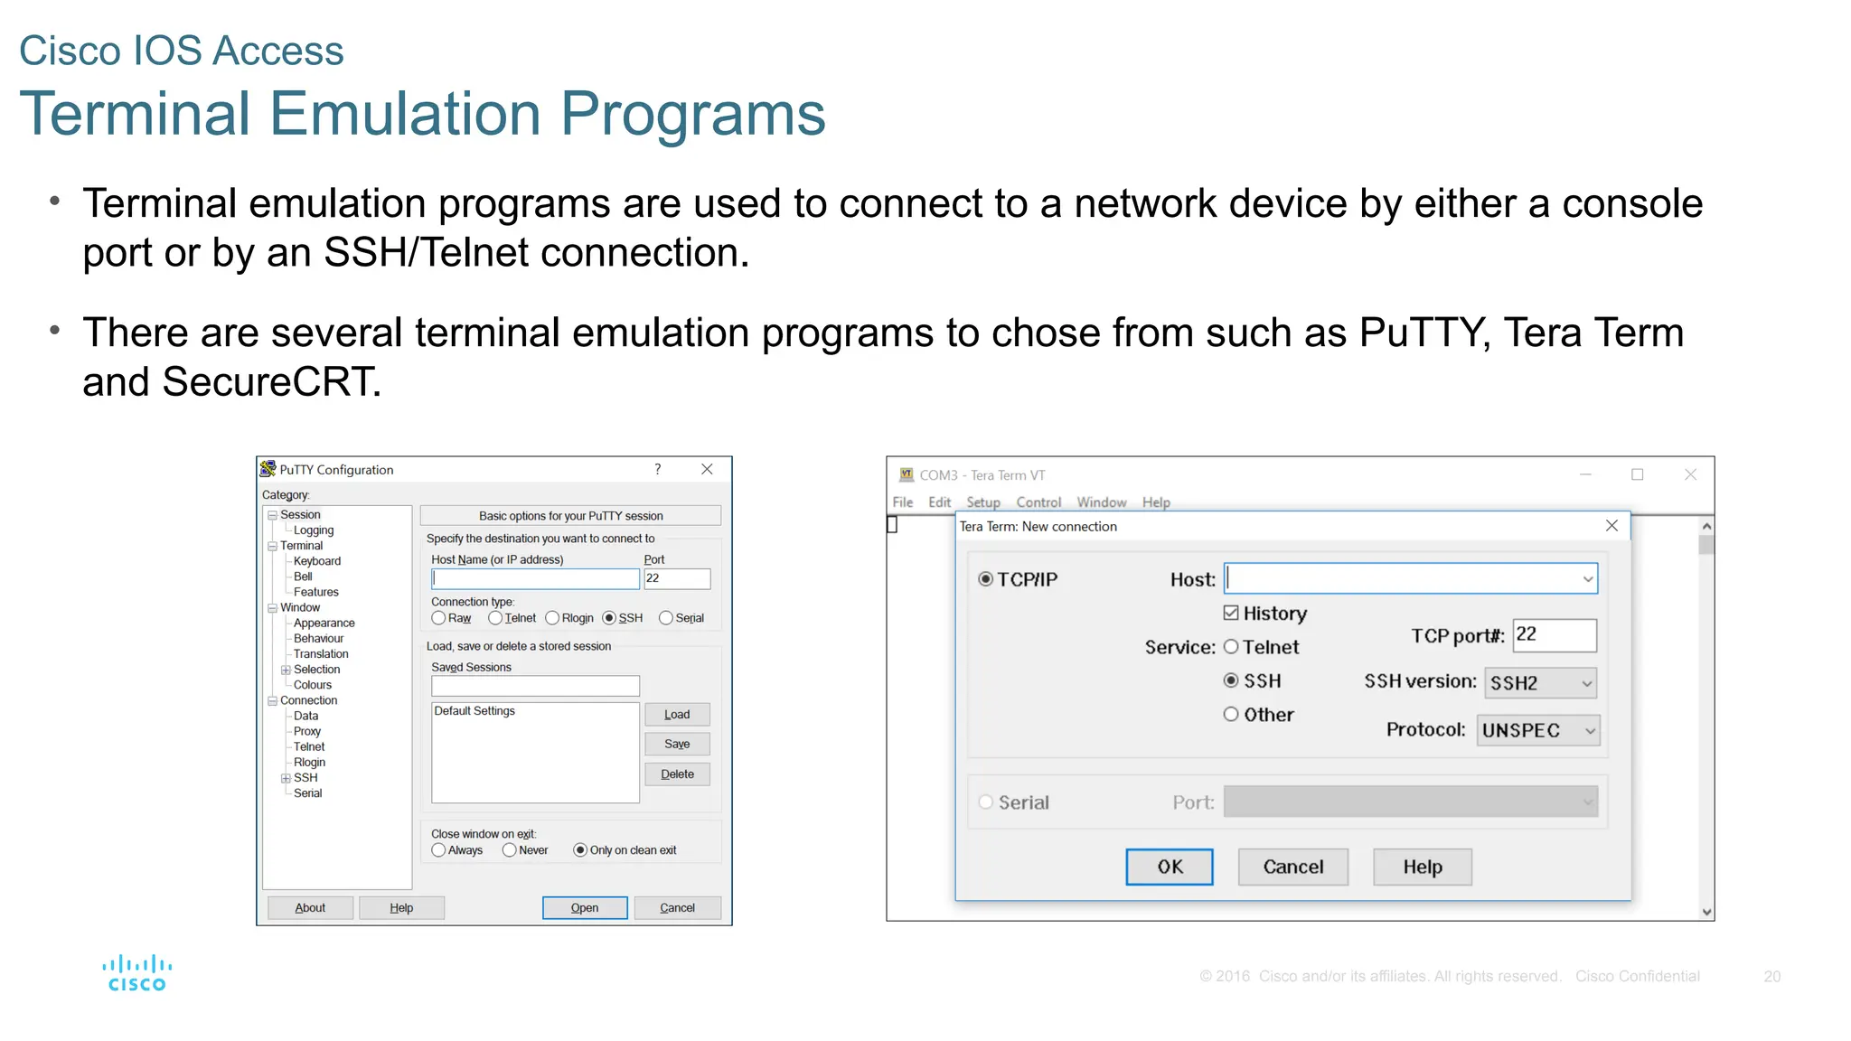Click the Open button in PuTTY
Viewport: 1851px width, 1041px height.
[584, 907]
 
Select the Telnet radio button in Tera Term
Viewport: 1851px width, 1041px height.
[1231, 647]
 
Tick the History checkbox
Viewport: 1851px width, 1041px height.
[1231, 614]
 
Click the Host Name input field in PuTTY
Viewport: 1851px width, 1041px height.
[535, 578]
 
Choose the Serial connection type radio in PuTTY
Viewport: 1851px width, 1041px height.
[666, 618]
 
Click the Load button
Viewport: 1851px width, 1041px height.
[676, 715]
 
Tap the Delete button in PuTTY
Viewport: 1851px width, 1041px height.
[676, 774]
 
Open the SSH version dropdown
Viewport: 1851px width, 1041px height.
[1540, 683]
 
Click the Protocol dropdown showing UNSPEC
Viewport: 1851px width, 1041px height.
[1537, 730]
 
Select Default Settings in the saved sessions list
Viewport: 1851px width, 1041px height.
[474, 711]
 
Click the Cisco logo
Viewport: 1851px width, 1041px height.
[136, 974]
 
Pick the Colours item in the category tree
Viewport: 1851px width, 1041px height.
[312, 685]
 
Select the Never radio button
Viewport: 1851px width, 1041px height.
[510, 850]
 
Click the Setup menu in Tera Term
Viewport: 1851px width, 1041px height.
[982, 502]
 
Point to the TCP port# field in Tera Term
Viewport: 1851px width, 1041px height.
[1554, 635]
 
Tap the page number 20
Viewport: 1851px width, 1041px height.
[1771, 977]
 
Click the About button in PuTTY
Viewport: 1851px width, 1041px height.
[310, 907]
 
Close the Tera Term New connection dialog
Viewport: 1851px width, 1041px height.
[1611, 526]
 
